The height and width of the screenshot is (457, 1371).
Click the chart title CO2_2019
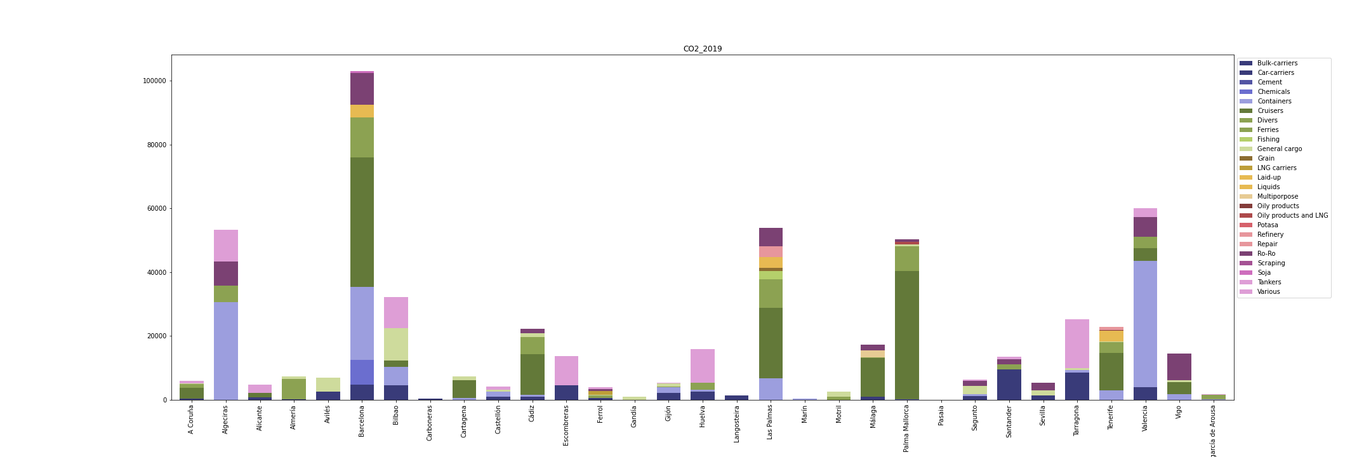point(702,49)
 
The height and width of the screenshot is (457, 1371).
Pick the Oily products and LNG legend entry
point(1292,215)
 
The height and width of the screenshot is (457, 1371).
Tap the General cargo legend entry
point(1279,149)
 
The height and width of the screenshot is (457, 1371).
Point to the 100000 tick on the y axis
point(154,81)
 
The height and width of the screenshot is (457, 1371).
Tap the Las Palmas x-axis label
point(770,423)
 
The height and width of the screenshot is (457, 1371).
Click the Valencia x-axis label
point(1145,418)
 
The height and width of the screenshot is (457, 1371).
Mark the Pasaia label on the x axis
point(941,417)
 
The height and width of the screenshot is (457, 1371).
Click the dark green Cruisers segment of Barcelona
point(362,222)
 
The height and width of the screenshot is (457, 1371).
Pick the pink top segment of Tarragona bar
point(1076,343)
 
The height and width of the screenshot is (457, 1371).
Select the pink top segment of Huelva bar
point(702,365)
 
